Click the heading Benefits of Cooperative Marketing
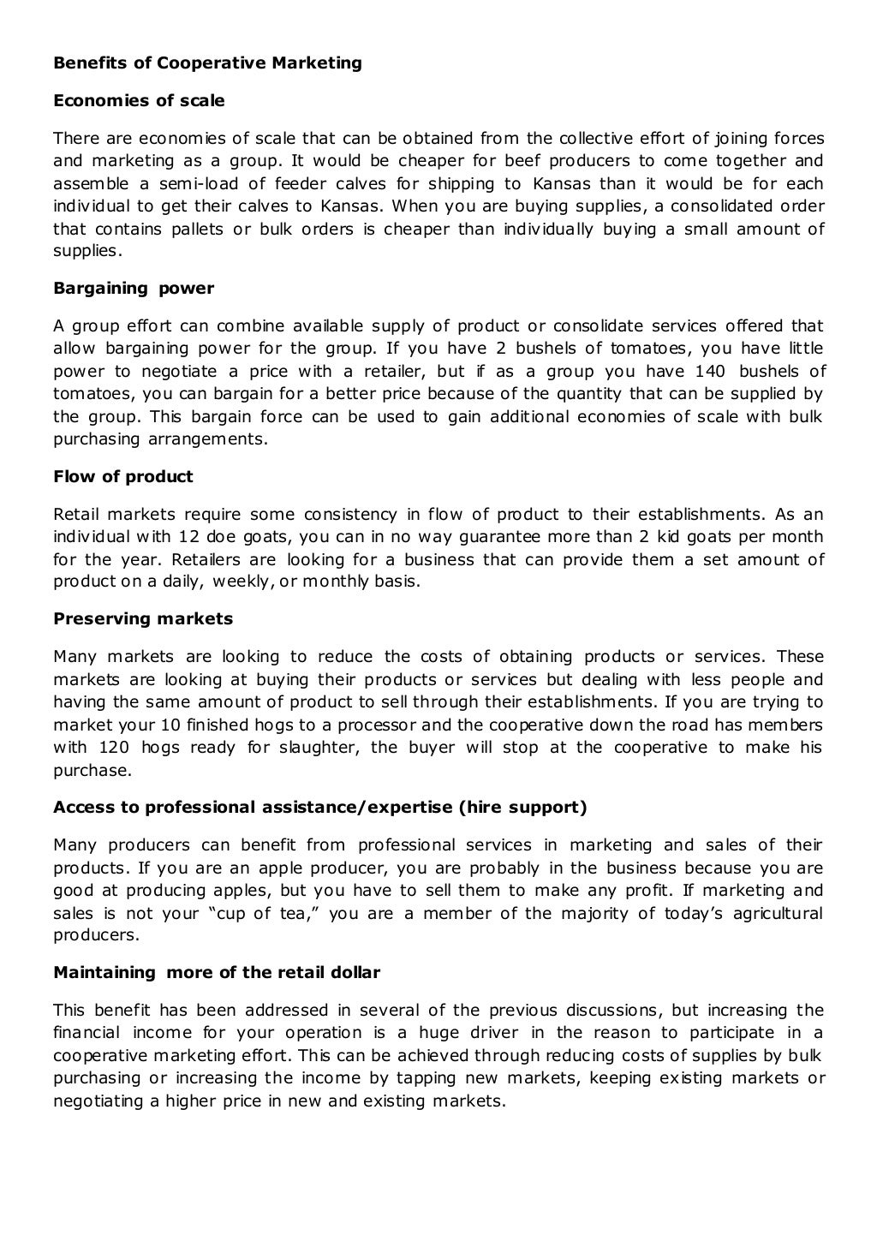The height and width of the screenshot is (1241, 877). pyautogui.click(x=207, y=63)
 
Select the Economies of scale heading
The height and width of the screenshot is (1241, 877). pyautogui.click(x=139, y=100)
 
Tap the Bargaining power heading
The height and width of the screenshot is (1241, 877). pyautogui.click(x=134, y=289)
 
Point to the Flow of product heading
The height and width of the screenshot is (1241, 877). pyautogui.click(x=123, y=477)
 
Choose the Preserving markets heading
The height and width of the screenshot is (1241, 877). pyautogui.click(x=143, y=619)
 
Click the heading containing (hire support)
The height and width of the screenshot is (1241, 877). pyautogui.click(x=319, y=807)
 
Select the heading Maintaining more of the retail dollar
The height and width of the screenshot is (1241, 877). pyautogui.click(x=217, y=973)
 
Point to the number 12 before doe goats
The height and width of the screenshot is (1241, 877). pyautogui.click(x=189, y=537)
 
